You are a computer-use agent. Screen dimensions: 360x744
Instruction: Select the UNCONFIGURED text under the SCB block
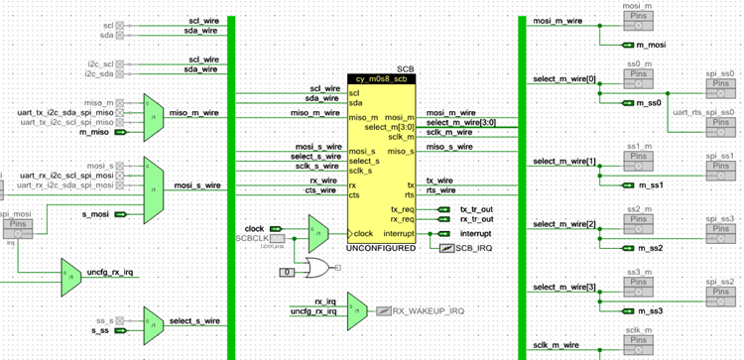(381, 247)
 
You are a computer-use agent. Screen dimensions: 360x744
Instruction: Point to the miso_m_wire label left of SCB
(314, 113)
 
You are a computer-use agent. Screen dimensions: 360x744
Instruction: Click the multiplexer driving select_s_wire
(154, 321)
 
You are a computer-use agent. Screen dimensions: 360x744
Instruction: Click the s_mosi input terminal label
(94, 214)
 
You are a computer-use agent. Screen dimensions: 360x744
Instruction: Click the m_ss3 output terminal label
(651, 310)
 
